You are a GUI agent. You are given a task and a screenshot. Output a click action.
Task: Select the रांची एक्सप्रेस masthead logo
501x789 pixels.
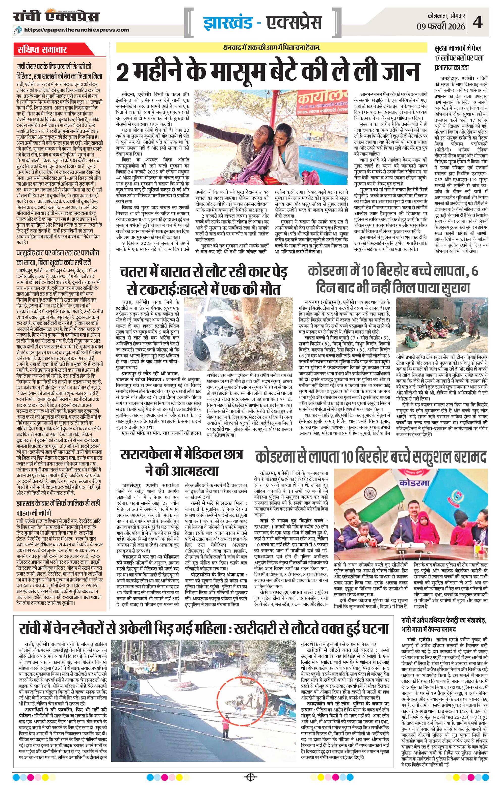click(x=56, y=17)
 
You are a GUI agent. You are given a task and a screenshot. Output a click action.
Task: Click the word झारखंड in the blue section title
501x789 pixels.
click(x=226, y=23)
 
